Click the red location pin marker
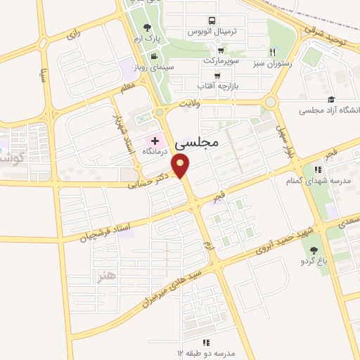[183, 167]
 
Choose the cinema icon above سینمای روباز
[153, 56]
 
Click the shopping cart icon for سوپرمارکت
[221, 50]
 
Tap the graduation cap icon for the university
[330, 100]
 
